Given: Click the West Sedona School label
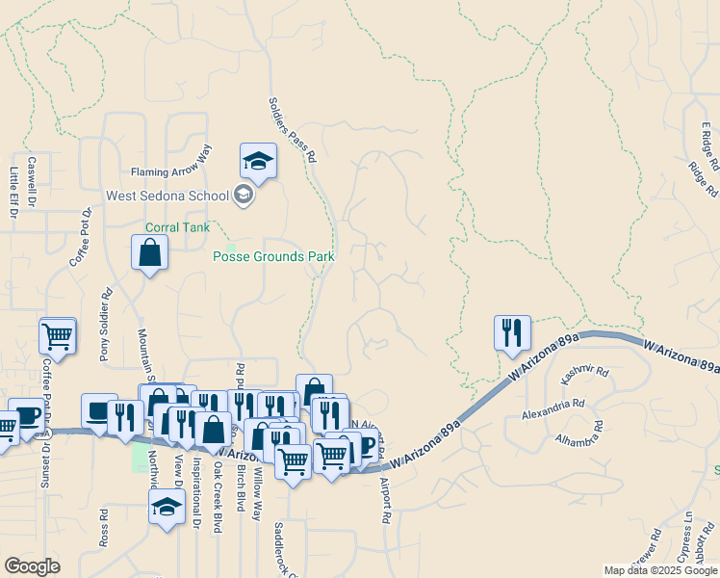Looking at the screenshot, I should tap(167, 196).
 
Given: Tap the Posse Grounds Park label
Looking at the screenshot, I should tap(273, 257).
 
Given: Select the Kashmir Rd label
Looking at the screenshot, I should tap(587, 371).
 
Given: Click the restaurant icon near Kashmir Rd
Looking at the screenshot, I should tap(512, 332).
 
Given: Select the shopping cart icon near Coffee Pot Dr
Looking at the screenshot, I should tap(58, 336).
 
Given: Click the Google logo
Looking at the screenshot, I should tap(32, 566).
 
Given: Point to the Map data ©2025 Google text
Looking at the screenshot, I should tap(659, 570).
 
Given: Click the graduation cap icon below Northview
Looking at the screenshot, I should tap(167, 506).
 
